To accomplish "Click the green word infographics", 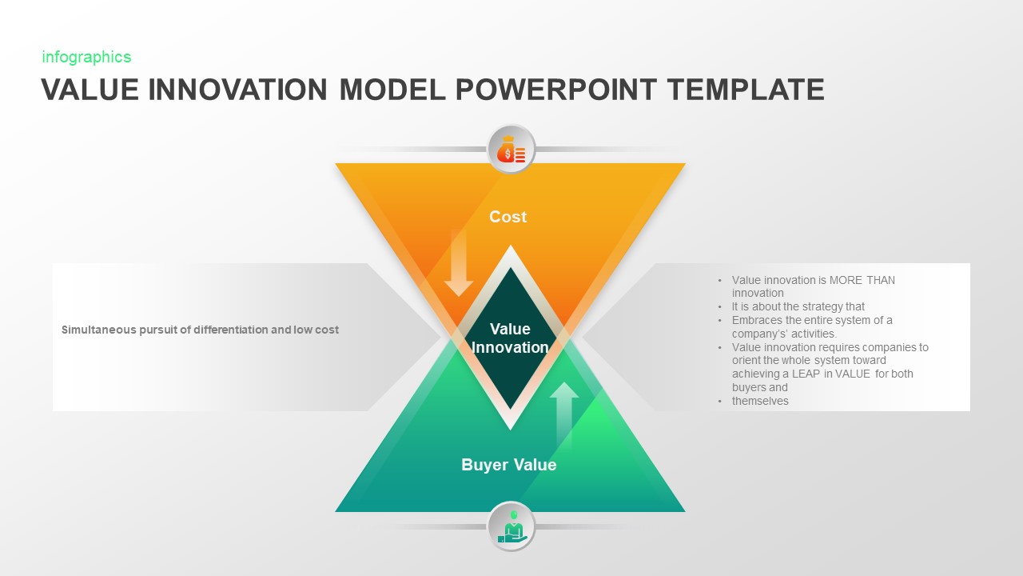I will click(86, 57).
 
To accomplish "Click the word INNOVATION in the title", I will click(239, 90).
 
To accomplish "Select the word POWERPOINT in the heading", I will click(554, 90).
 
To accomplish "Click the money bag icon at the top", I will click(511, 150).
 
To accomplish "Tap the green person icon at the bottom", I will click(511, 526).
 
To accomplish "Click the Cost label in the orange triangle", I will click(508, 217).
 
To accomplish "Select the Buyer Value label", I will click(508, 465).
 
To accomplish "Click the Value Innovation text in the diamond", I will click(510, 338).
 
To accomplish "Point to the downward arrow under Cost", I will click(459, 264).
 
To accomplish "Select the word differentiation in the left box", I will click(232, 330).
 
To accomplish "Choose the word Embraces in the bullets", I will click(756, 320).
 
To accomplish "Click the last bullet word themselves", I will click(760, 401).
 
